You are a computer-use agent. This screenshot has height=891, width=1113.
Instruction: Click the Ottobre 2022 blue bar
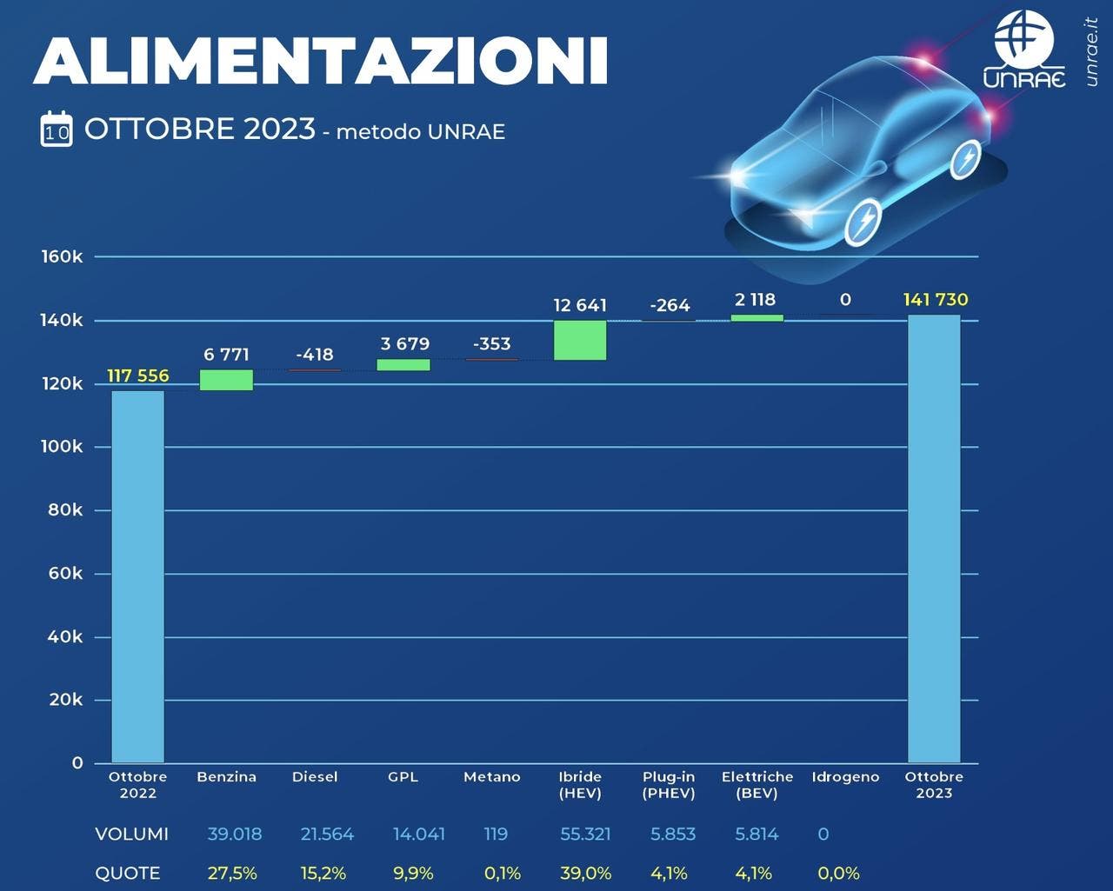137,576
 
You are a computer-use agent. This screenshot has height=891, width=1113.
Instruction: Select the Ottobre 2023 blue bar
934,539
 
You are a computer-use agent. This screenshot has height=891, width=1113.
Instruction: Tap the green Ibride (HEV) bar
580,340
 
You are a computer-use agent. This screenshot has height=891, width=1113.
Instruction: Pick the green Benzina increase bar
226,380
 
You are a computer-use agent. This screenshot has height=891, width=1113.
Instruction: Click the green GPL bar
403,365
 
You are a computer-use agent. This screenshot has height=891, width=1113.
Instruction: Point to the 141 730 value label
936,300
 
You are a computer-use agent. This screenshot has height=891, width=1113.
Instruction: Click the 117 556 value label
138,376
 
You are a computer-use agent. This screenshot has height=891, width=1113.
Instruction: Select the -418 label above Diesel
315,355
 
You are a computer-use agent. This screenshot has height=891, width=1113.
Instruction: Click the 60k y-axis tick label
65,574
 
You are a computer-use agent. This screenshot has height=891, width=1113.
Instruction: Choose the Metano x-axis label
491,777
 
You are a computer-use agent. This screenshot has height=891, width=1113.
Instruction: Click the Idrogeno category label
845,777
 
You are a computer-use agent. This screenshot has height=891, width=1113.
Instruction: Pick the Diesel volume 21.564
327,834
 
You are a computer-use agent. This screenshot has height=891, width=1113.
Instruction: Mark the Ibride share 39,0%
585,874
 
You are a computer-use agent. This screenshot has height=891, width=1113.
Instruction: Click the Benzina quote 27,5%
231,874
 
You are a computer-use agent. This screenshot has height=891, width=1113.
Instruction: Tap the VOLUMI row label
131,834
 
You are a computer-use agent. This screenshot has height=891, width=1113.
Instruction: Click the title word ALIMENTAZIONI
320,61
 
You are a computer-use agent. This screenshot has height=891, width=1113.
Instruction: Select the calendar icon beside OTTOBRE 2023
57,130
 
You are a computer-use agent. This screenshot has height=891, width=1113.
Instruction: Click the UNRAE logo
1024,50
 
